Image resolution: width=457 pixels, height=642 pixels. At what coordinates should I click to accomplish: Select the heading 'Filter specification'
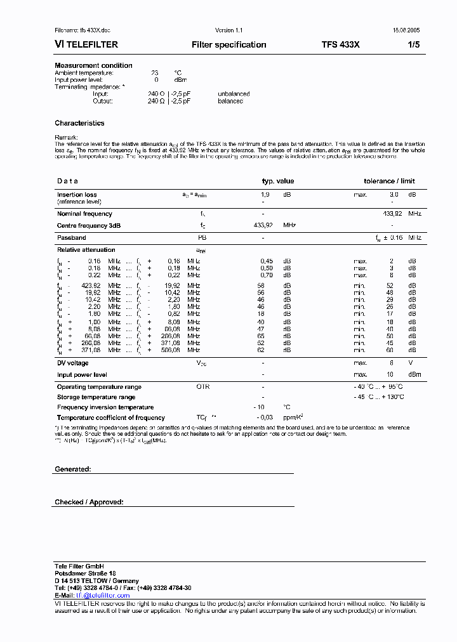pos(228,45)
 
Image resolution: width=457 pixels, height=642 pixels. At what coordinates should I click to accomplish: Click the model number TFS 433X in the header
pos(340,45)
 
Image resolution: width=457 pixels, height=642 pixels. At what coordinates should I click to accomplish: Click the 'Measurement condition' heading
pos(93,65)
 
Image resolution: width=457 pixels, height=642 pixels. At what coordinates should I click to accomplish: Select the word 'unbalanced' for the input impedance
pos(234,94)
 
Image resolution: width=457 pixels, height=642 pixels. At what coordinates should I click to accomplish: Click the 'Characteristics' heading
pos(79,123)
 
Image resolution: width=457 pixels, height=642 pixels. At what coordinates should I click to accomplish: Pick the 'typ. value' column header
pos(278,181)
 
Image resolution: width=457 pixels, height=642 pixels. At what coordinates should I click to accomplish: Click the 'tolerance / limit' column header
pos(389,181)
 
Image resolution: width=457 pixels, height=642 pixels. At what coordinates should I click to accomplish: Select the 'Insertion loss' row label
pos(77,195)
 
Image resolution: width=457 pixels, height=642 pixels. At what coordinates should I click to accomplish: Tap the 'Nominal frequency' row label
pos(84,214)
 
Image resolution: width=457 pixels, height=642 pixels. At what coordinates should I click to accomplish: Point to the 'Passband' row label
pos(72,237)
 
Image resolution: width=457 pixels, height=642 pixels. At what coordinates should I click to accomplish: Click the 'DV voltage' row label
pos(73,363)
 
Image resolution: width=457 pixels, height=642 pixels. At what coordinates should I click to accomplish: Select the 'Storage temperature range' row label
pos(96,397)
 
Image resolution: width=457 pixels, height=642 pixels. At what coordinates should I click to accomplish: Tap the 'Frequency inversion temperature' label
pos(105,407)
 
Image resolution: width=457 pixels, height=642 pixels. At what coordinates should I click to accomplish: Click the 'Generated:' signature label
pos(73,469)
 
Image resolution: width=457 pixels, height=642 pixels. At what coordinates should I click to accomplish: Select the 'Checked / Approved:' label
pos(89,502)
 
